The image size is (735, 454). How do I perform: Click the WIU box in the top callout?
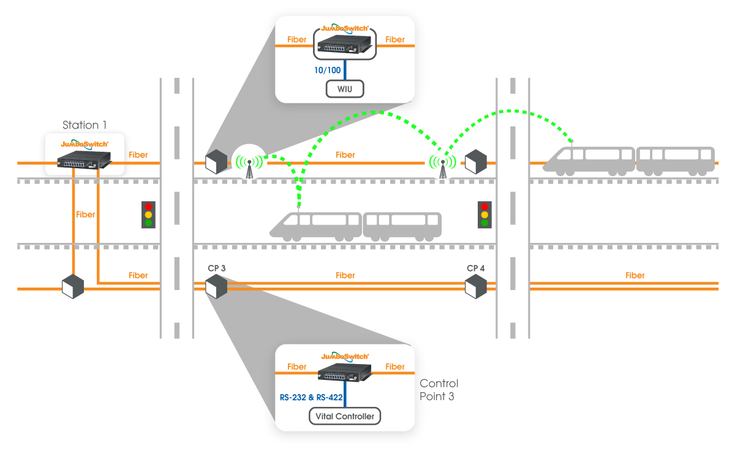tap(345, 89)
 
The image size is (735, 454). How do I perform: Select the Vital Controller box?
tap(345, 417)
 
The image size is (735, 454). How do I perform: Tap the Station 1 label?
tap(85, 125)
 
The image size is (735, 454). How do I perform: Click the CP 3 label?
tap(217, 269)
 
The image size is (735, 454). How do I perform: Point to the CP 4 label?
tap(476, 269)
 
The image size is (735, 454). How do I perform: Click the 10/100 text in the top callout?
tap(327, 70)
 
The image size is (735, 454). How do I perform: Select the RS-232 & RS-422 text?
tap(310, 398)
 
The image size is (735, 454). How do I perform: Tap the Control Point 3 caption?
tap(439, 390)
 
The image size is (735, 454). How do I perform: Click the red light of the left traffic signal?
tap(148, 206)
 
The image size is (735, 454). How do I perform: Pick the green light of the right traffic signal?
tap(484, 223)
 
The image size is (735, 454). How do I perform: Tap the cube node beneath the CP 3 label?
tap(216, 286)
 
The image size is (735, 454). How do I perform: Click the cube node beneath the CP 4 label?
tap(475, 286)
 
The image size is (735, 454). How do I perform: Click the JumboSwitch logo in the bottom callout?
tap(345, 355)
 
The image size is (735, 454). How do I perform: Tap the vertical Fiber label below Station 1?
tap(86, 215)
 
